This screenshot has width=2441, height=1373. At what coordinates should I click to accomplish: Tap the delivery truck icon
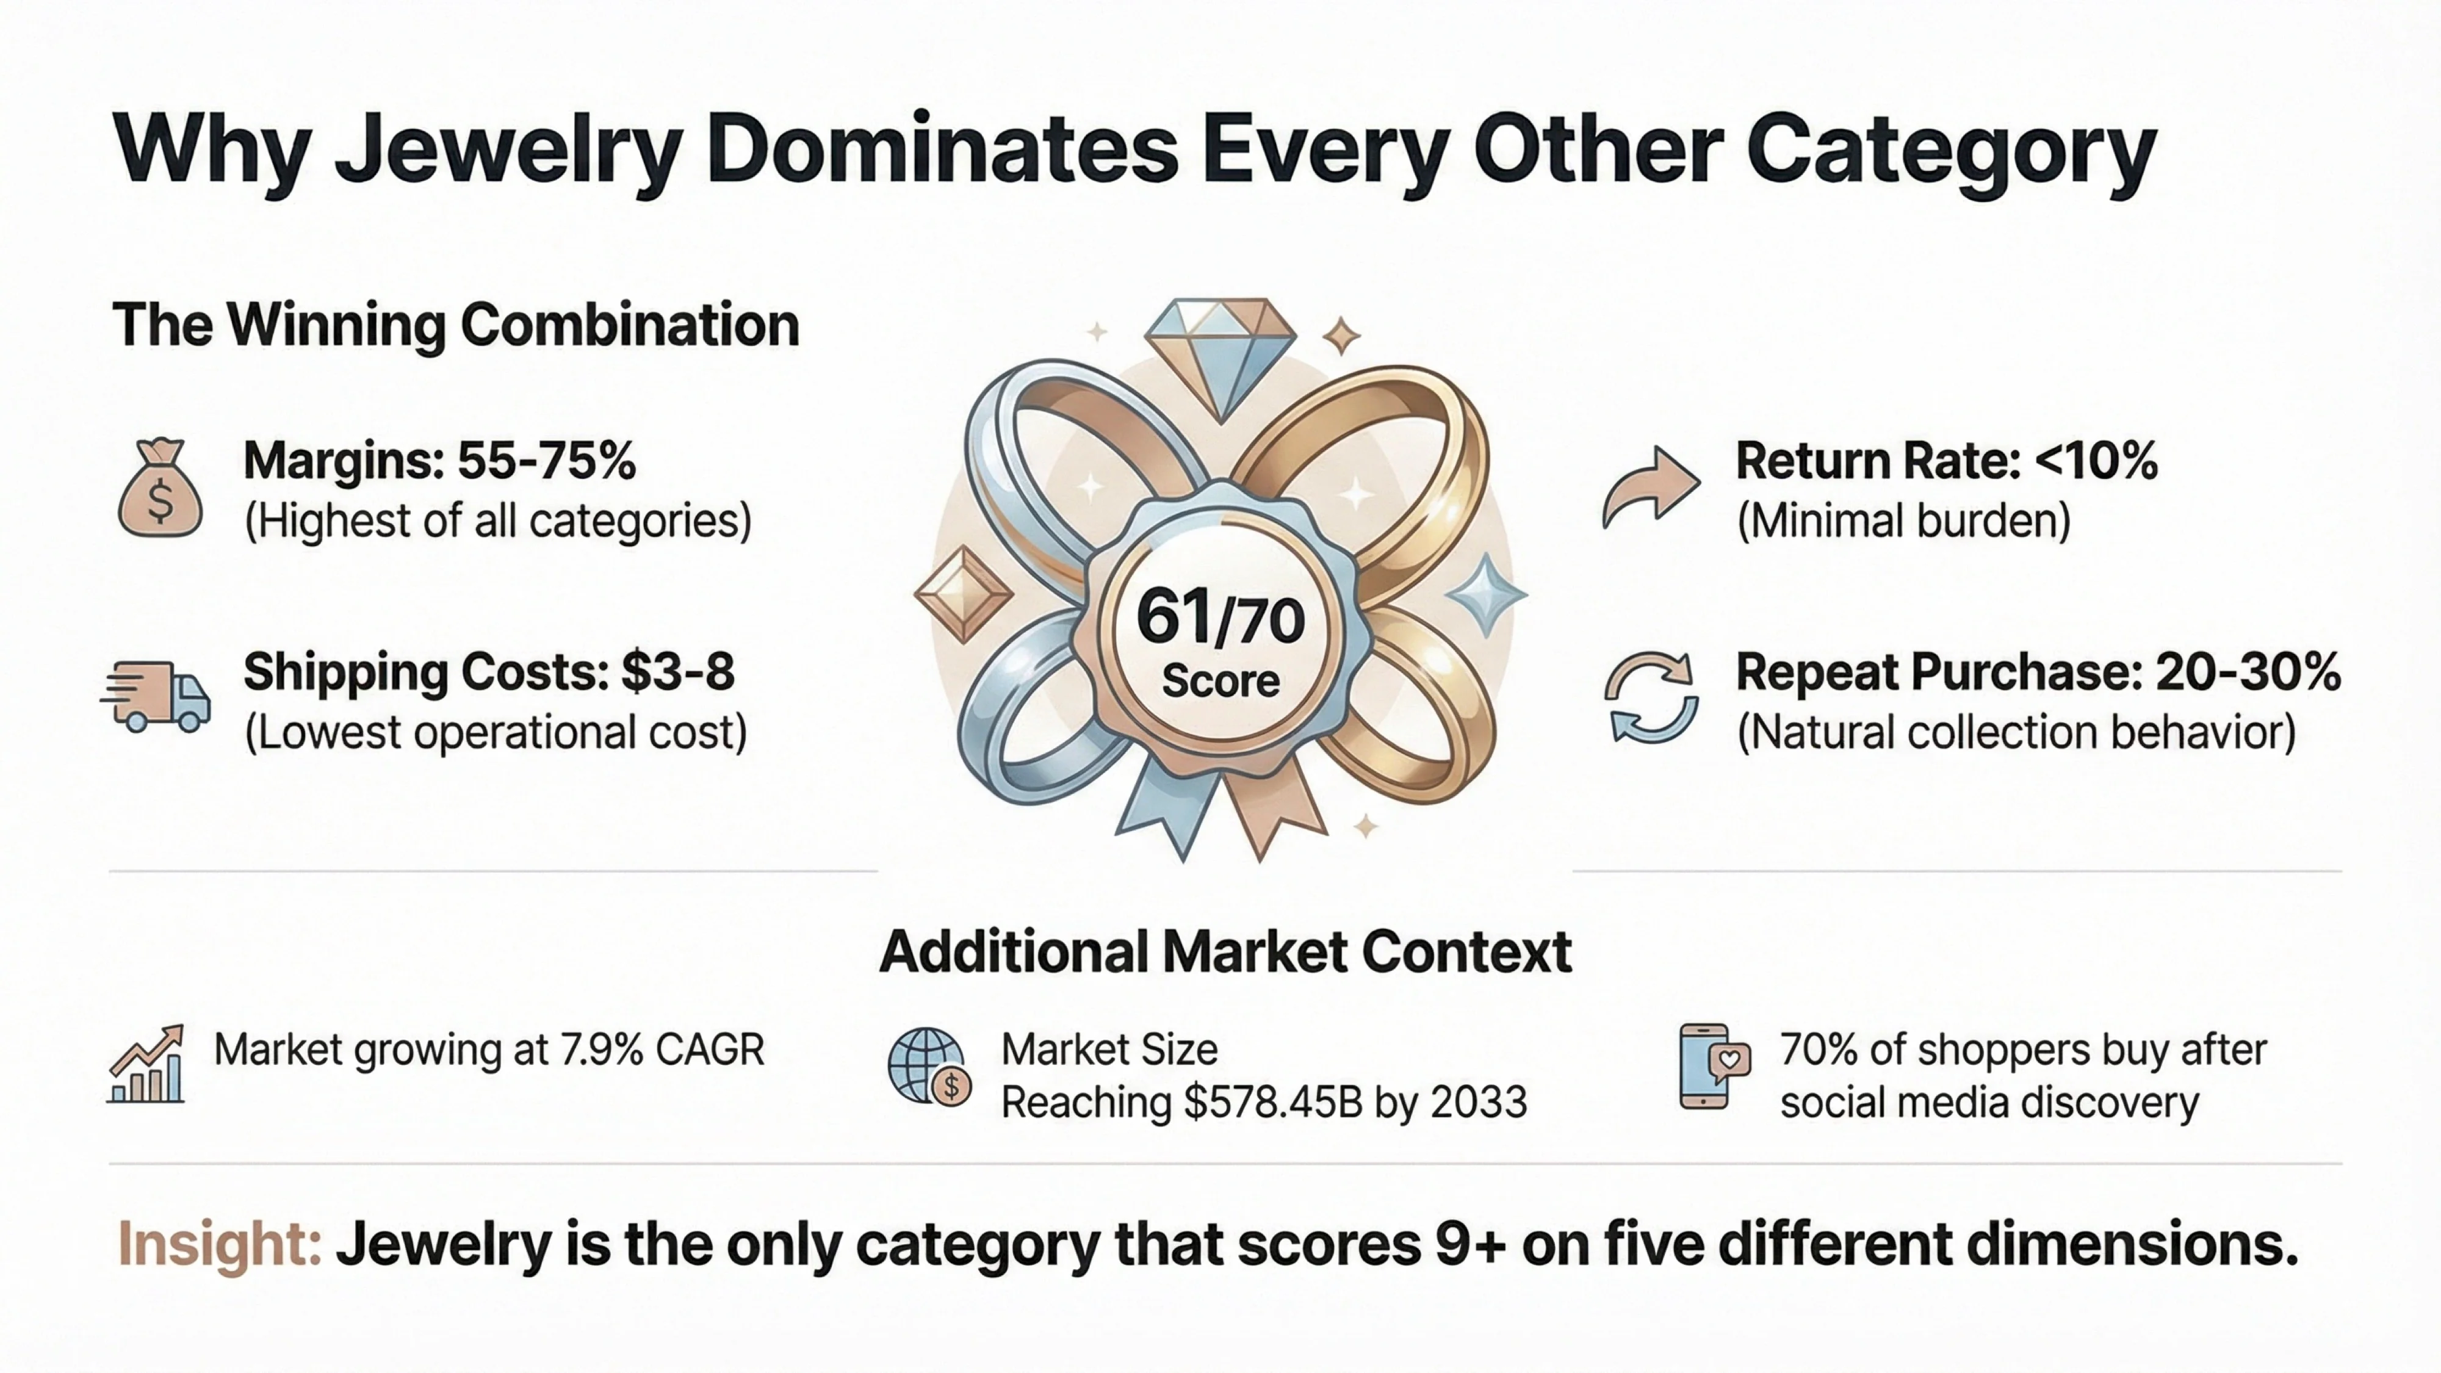tap(156, 697)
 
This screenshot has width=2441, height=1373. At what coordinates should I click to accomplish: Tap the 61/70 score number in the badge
tap(1220, 618)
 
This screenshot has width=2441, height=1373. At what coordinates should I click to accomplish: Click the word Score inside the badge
tap(1220, 681)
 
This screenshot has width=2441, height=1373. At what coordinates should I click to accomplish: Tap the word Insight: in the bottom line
tap(220, 1244)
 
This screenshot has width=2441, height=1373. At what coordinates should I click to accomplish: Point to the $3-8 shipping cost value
tap(677, 672)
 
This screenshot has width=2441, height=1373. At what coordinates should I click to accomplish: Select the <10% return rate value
tap(2095, 461)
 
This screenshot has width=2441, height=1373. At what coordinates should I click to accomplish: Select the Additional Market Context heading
tap(1226, 953)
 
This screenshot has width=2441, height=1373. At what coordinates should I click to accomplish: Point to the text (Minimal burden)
tap(1903, 521)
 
